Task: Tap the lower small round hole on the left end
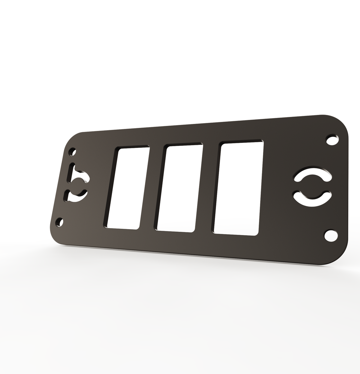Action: [x=60, y=222]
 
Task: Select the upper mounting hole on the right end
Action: [x=332, y=140]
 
